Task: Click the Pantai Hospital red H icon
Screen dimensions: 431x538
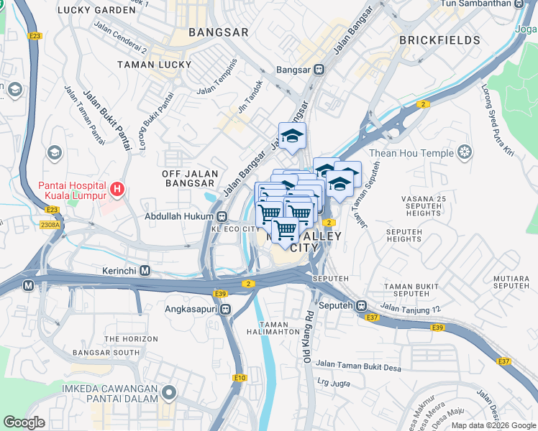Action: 117,190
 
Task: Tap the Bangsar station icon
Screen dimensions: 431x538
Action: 319,70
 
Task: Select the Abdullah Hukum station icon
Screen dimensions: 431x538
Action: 222,215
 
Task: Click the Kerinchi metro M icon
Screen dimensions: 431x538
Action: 145,271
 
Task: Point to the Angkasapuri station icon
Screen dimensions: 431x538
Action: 226,309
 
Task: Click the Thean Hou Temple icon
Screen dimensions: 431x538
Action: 465,152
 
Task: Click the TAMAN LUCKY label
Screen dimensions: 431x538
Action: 155,64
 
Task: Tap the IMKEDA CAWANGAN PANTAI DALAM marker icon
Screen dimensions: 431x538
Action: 169,392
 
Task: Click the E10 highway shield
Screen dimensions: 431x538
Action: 240,377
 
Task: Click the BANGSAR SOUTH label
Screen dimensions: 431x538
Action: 106,353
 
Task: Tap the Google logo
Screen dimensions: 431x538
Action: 24,422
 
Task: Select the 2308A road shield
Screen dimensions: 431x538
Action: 50,225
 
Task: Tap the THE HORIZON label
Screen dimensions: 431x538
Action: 130,338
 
